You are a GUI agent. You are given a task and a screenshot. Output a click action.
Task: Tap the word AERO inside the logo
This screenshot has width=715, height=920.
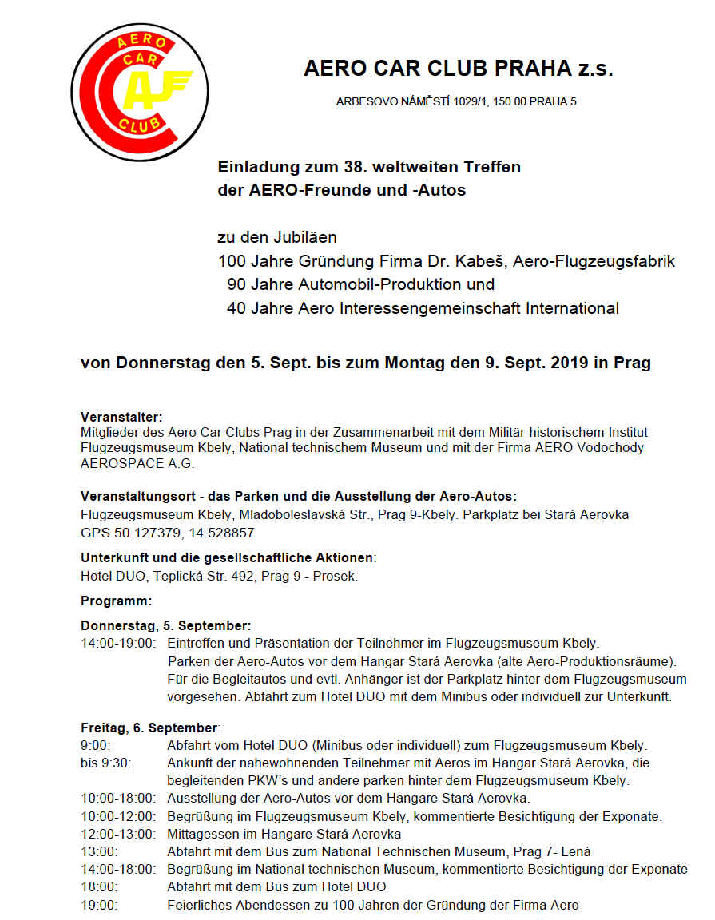click(142, 42)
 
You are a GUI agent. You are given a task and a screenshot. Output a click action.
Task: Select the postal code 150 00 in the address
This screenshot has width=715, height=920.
click(506, 102)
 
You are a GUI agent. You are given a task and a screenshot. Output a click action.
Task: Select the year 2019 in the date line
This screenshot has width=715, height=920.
click(570, 363)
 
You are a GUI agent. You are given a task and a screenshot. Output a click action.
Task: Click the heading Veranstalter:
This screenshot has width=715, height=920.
click(121, 417)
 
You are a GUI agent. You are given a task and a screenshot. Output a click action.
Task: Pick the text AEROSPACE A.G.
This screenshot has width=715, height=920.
click(137, 463)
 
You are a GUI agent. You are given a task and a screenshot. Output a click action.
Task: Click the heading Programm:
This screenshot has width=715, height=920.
click(116, 600)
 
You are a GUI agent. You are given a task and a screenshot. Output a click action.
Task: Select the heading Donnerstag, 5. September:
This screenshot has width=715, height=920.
click(166, 625)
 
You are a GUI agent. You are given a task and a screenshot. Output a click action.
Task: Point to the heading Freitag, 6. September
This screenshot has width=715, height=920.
click(149, 728)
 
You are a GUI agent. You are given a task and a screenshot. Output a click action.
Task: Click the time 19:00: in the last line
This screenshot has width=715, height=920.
click(100, 905)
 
